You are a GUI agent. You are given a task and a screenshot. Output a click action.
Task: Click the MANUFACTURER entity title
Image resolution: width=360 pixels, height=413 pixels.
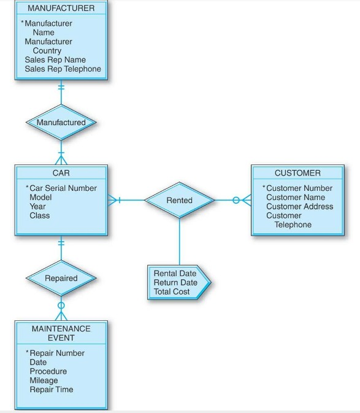61,9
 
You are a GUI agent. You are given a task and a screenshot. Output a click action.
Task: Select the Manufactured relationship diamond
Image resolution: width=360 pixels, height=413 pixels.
61,122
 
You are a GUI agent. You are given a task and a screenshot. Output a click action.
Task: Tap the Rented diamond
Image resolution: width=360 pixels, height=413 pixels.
179,200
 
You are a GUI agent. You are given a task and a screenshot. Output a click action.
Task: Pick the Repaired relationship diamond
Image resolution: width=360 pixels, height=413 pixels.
61,278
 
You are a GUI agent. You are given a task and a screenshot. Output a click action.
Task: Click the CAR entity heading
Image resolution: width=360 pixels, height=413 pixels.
61,174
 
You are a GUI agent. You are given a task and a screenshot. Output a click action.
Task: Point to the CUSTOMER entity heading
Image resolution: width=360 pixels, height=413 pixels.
297,174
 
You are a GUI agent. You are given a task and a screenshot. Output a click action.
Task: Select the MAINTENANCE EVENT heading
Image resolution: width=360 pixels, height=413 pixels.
61,333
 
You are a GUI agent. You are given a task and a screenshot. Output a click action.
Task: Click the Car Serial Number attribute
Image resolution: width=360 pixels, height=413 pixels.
63,188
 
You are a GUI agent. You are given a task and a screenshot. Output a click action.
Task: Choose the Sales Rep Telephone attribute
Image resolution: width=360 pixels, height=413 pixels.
63,69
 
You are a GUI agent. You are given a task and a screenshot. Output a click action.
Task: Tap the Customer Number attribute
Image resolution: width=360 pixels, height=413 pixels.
299,188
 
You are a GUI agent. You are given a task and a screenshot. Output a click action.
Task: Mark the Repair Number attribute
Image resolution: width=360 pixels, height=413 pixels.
56,353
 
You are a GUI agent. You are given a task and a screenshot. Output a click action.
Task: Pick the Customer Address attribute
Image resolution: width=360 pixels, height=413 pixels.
299,207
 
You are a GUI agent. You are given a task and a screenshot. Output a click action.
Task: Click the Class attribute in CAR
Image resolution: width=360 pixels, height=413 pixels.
40,216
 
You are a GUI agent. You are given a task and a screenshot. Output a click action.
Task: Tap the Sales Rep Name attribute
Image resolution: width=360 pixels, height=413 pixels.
55,60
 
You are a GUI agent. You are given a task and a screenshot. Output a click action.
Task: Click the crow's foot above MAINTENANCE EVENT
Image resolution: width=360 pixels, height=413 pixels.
61,315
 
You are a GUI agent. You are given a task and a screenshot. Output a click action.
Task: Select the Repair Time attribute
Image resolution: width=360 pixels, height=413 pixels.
51,390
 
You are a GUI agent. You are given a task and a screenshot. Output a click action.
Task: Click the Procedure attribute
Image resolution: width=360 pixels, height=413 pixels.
48,371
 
